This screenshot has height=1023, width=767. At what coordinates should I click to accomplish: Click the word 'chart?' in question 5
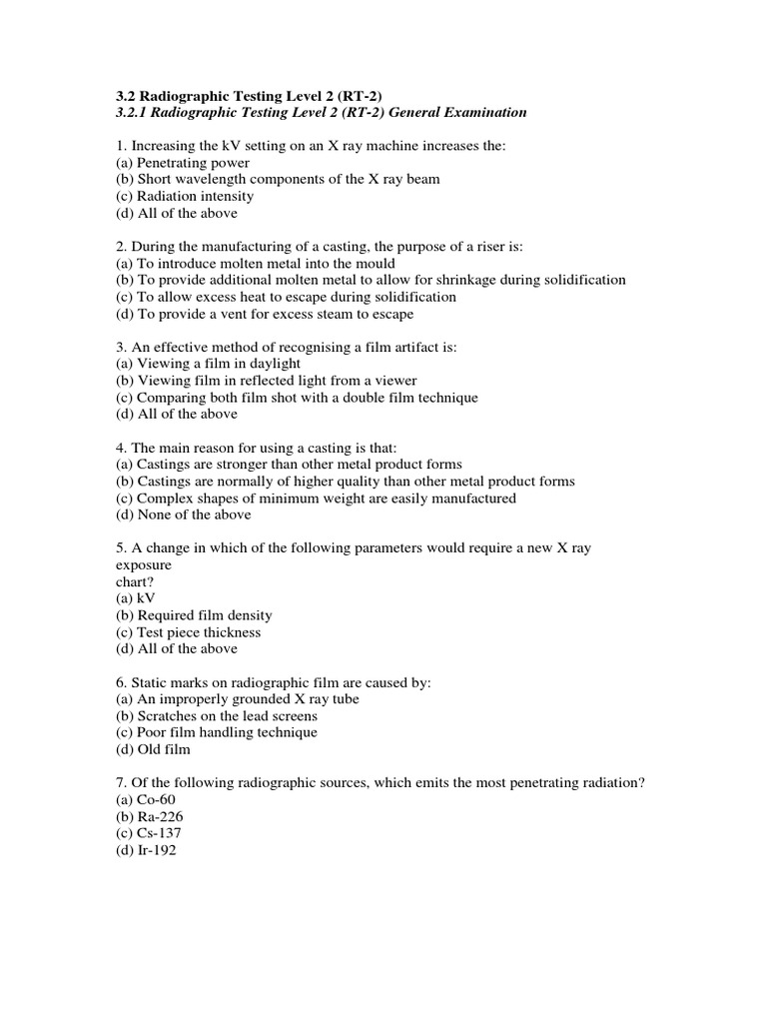pyautogui.click(x=137, y=581)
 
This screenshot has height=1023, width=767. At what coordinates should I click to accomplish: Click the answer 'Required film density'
pyautogui.click(x=194, y=615)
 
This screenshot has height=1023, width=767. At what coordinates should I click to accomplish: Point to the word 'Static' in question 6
pyautogui.click(x=154, y=682)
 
